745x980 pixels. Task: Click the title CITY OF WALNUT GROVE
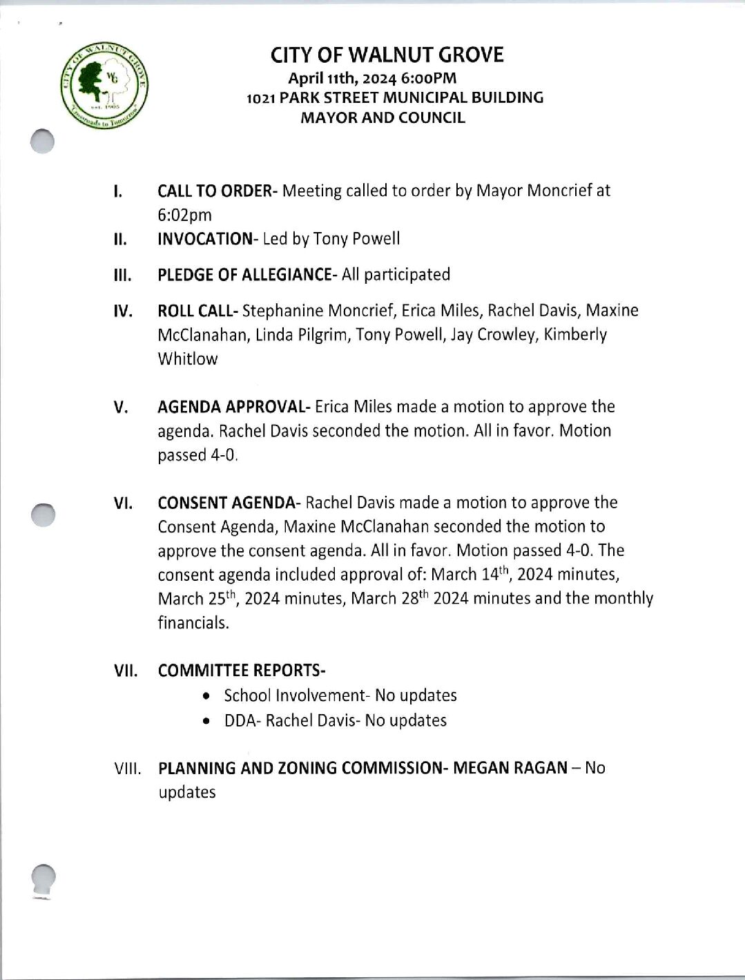tap(387, 55)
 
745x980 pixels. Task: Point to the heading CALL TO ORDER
tap(214, 191)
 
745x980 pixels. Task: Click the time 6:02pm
tap(184, 215)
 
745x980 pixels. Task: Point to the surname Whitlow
tap(187, 359)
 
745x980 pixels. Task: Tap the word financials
tap(193, 623)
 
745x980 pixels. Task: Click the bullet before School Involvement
tap(206, 696)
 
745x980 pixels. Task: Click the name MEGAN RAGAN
tap(510, 768)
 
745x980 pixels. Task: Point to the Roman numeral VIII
tap(127, 769)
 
